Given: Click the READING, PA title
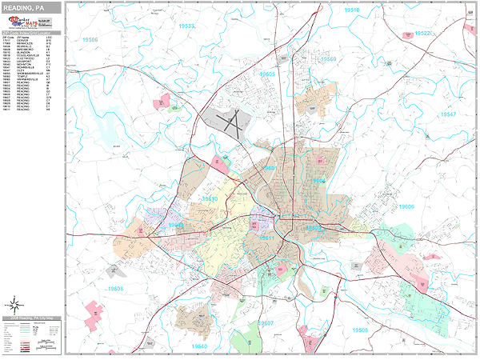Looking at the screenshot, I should click(24, 6).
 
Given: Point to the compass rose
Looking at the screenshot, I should click(14, 304).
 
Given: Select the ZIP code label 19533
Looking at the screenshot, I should click(186, 26).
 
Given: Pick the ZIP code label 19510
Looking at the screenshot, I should click(351, 10).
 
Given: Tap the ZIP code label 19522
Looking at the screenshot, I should click(422, 34).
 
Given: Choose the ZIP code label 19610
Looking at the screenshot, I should click(210, 199).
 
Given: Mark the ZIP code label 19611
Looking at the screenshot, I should click(266, 238).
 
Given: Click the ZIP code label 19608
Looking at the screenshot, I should click(116, 287).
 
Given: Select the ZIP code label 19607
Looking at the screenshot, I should click(266, 323).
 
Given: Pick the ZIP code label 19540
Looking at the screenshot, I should click(199, 346).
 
